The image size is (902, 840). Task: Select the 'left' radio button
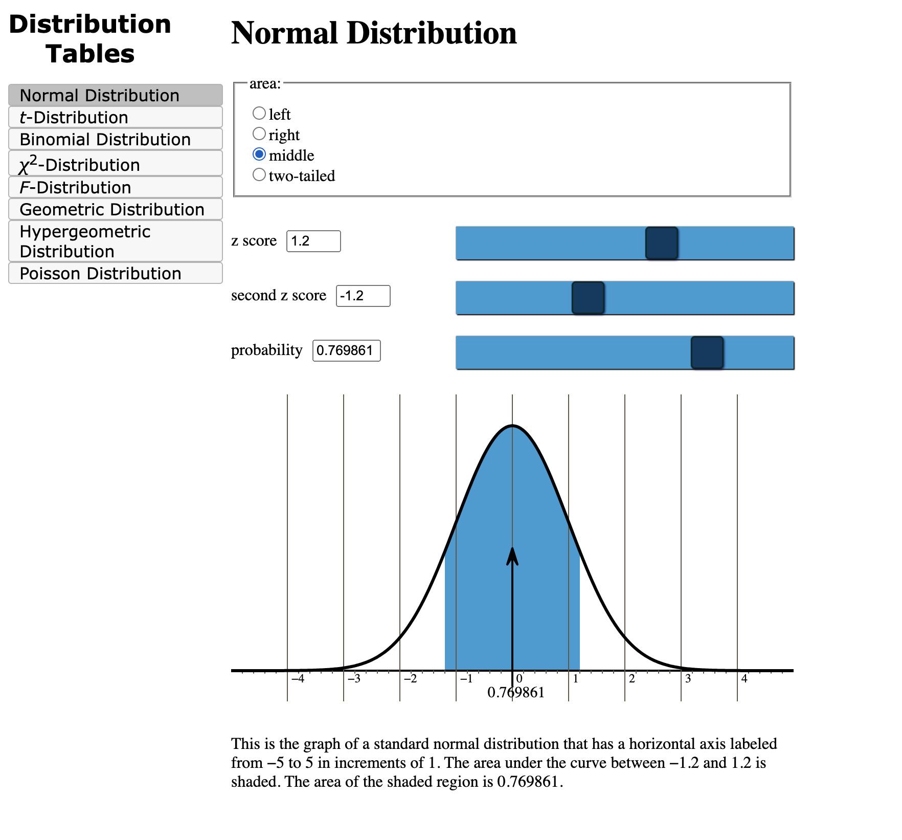click(259, 113)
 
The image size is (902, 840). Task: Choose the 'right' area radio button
click(259, 134)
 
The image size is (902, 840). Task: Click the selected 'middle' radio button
click(259, 154)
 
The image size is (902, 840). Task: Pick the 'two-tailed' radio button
click(259, 175)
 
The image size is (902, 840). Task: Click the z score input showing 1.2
click(313, 241)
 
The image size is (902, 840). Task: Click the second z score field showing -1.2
click(363, 296)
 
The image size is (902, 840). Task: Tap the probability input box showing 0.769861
click(346, 350)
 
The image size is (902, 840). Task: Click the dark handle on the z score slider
click(661, 243)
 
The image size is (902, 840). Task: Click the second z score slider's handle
click(588, 298)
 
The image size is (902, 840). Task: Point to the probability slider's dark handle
click(707, 352)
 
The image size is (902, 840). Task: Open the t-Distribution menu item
click(116, 117)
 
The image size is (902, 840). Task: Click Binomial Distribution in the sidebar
click(116, 139)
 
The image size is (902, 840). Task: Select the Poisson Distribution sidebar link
click(116, 273)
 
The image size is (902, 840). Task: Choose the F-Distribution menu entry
click(116, 187)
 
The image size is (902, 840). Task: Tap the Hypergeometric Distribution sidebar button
click(116, 241)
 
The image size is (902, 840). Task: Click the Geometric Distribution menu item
click(116, 209)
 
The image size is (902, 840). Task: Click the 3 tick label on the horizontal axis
click(688, 679)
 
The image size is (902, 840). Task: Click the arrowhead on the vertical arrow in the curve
click(512, 556)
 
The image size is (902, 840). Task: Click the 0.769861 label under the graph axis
click(515, 693)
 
